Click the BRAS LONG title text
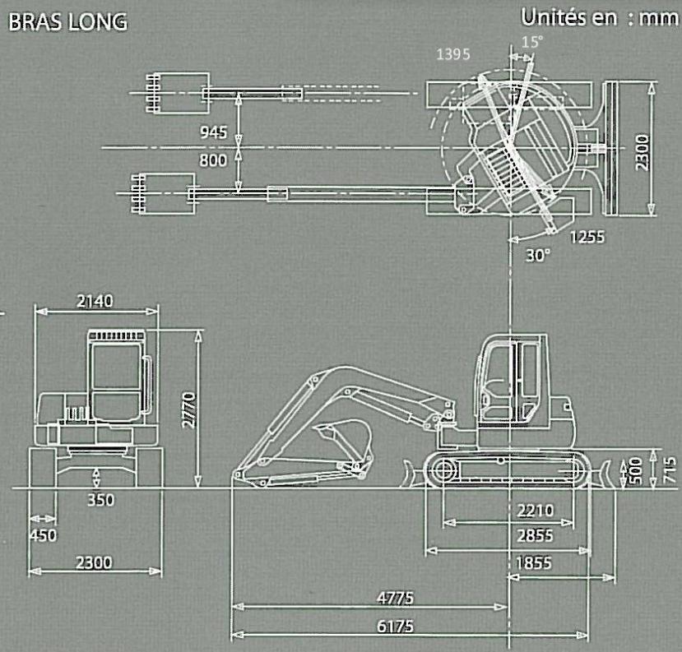[67, 22]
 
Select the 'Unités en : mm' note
[600, 18]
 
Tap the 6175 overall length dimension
[395, 627]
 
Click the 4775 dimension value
[395, 598]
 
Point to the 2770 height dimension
[190, 410]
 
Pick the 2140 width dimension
[95, 301]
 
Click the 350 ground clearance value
[101, 500]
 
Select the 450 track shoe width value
[43, 535]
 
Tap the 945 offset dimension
[213, 132]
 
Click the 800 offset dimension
[213, 160]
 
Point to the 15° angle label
[532, 42]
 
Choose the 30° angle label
[538, 255]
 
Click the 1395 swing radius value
[453, 54]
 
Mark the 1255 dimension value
[587, 237]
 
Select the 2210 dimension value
[535, 511]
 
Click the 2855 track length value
[535, 535]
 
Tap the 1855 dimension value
[534, 563]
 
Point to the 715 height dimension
[670, 469]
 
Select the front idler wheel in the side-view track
[443, 469]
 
